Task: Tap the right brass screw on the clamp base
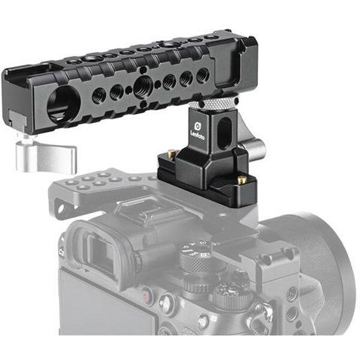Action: tap(242, 179)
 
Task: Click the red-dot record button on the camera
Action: tap(146, 295)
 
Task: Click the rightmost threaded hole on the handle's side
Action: tap(203, 75)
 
